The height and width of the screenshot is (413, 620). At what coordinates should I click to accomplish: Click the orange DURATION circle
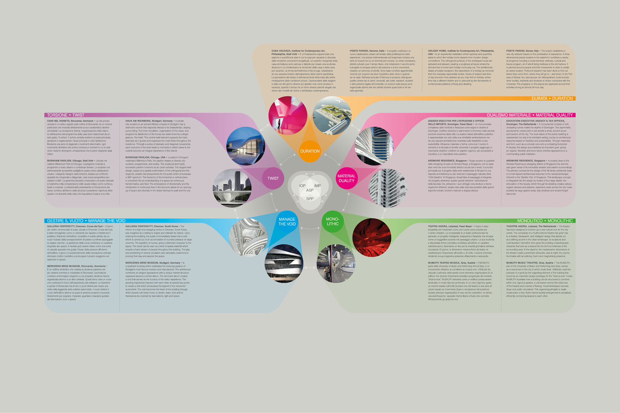[x=310, y=151]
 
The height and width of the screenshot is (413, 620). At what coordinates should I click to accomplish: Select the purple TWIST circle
[x=273, y=178]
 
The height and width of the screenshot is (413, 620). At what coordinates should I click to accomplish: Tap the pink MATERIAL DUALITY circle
[x=346, y=178]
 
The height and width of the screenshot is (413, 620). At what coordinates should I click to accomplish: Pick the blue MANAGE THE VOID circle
[x=287, y=222]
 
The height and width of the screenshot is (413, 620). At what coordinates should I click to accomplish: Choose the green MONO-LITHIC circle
[x=332, y=221]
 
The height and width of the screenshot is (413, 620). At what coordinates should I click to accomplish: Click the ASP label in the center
[x=310, y=190]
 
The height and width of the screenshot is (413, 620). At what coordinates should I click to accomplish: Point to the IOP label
[x=302, y=186]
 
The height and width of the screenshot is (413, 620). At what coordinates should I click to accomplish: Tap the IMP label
[x=317, y=186]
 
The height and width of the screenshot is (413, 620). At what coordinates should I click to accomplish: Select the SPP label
[x=310, y=199]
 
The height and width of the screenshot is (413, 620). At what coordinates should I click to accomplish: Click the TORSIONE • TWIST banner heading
[x=66, y=115]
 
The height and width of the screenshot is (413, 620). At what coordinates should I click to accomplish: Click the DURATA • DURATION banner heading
[x=552, y=98]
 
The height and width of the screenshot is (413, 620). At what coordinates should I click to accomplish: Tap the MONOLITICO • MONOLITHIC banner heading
[x=545, y=221]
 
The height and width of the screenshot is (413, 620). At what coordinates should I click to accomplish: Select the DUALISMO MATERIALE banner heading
[x=509, y=115]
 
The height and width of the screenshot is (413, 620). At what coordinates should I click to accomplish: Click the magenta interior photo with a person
[x=287, y=115]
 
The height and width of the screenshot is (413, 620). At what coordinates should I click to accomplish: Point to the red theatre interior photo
[x=372, y=237]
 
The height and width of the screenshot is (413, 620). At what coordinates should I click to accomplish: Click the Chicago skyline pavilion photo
[x=232, y=188]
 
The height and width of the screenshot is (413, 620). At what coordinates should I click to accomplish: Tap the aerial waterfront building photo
[x=332, y=115]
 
